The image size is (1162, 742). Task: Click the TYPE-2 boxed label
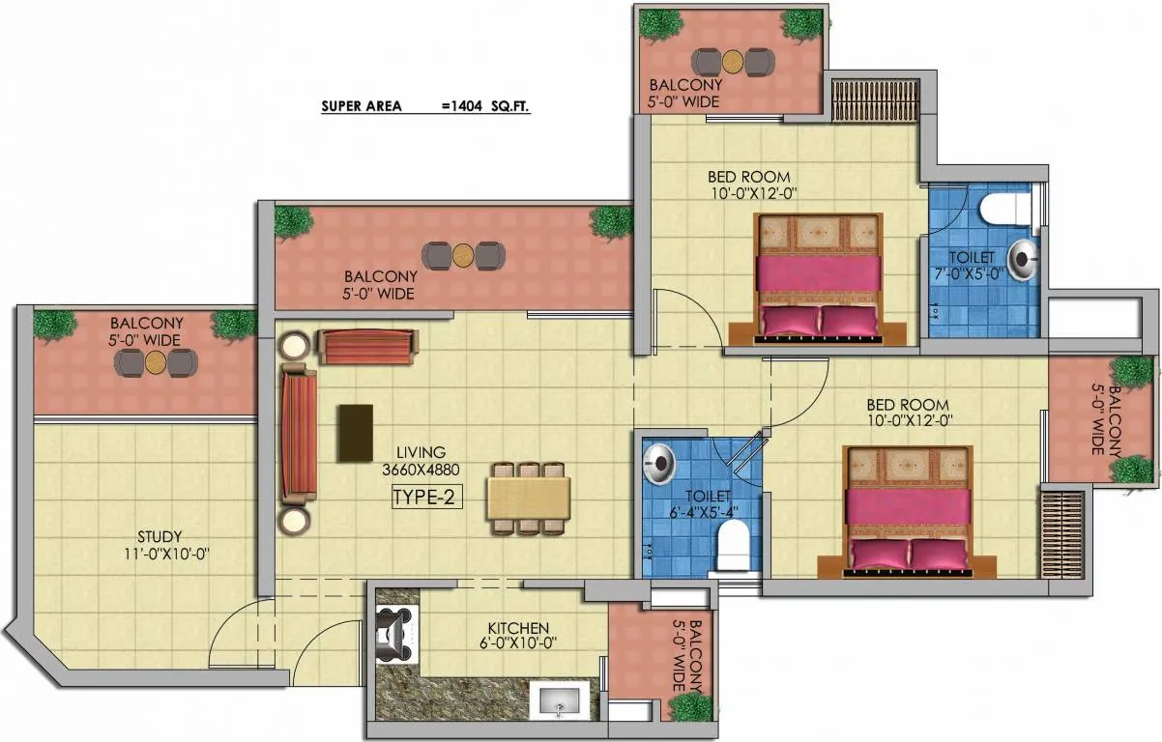click(427, 498)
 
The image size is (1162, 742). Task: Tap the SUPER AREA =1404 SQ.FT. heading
click(425, 106)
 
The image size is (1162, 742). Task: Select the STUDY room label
click(160, 536)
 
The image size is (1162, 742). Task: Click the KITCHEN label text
click(518, 628)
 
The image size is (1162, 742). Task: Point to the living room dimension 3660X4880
click(421, 470)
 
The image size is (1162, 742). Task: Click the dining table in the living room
click(529, 499)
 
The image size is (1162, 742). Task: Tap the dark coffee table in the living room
click(356, 433)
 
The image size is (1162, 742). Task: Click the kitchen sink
click(559, 700)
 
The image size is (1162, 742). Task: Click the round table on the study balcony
click(155, 362)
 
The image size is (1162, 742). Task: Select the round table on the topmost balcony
click(733, 61)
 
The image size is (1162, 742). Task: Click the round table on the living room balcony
click(463, 256)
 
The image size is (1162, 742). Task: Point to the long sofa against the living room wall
click(300, 435)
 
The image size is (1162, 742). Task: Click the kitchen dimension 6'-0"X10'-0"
click(518, 643)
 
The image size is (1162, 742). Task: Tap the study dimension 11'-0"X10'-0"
click(166, 555)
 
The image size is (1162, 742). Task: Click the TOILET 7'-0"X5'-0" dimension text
click(969, 273)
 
